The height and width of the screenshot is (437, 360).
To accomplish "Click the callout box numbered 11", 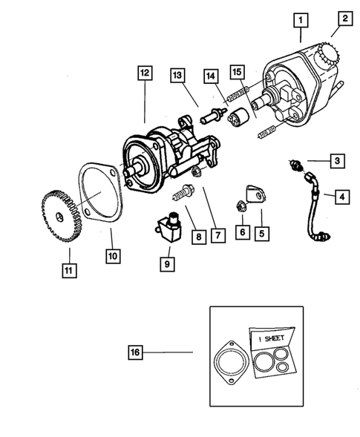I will [x=69, y=269].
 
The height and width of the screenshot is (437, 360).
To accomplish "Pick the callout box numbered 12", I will [x=144, y=73].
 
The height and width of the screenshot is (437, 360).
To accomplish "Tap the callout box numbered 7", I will [x=217, y=236].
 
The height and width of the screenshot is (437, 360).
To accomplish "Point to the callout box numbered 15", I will [x=237, y=73].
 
